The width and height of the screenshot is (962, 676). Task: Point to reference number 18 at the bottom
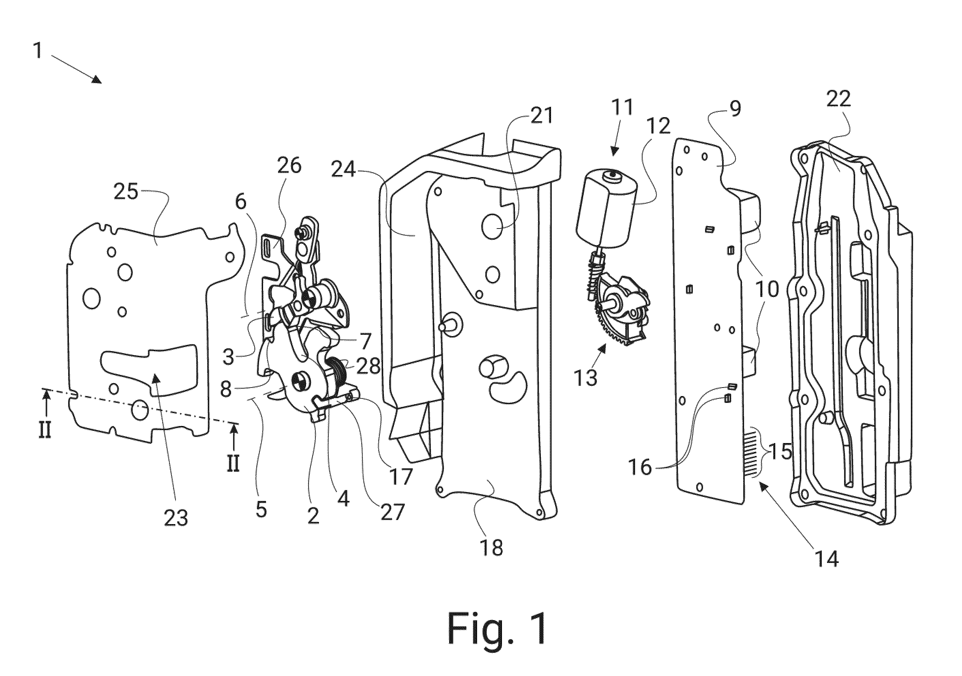pos(492,547)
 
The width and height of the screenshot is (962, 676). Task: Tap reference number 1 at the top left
pos(38,51)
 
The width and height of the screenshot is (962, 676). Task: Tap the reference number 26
pos(289,166)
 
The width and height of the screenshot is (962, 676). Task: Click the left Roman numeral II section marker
pos(45,430)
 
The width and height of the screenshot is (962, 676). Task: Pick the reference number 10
pos(767,288)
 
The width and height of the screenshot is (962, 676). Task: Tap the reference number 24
pos(343,170)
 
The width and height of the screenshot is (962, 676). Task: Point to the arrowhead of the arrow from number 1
pos(97,80)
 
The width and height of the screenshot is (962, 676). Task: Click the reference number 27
pos(392,512)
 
